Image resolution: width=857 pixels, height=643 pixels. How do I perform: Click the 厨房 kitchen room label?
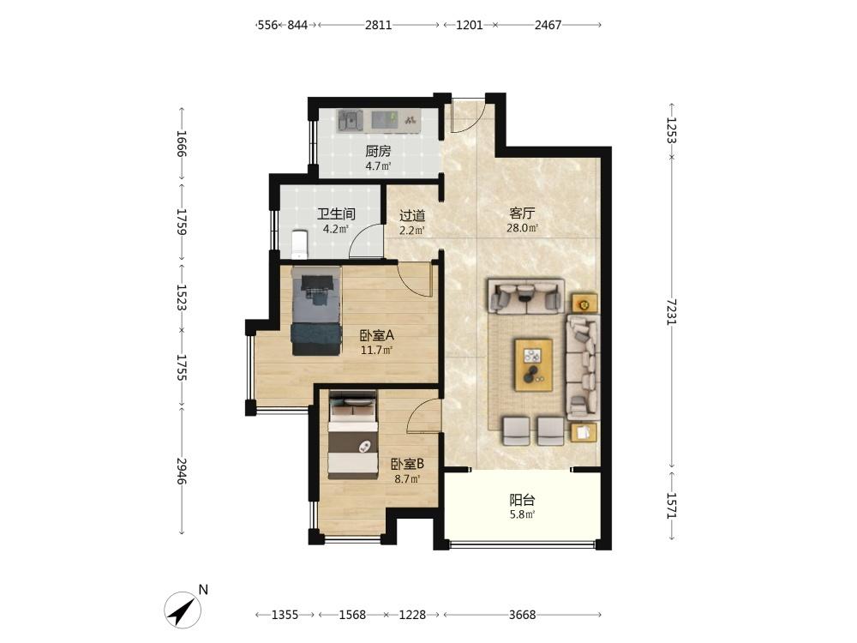[378, 151]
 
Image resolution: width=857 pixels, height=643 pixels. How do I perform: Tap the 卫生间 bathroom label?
[336, 213]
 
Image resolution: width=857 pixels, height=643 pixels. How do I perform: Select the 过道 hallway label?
[412, 216]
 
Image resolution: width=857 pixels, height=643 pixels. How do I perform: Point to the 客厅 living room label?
[522, 213]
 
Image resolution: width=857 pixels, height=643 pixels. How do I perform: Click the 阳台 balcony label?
[522, 500]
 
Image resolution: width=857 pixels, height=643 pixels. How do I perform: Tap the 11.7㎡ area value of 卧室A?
[376, 350]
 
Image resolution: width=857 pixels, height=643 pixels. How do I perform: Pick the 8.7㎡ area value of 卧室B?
[407, 479]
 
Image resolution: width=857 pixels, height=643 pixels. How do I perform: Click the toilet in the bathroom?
[300, 244]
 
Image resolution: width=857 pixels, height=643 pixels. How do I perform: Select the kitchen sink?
[351, 120]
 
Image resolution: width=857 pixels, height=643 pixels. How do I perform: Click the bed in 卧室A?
[316, 310]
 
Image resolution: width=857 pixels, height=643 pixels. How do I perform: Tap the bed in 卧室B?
[352, 435]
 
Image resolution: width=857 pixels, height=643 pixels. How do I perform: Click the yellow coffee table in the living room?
[533, 364]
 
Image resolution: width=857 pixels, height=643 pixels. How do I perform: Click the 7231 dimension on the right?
[672, 312]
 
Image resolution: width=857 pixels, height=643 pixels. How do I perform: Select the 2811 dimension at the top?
[378, 25]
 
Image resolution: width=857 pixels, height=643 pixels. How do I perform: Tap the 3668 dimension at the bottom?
[523, 615]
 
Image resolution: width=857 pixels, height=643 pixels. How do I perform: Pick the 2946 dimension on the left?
[182, 471]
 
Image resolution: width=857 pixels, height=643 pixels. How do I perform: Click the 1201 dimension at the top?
[470, 25]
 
